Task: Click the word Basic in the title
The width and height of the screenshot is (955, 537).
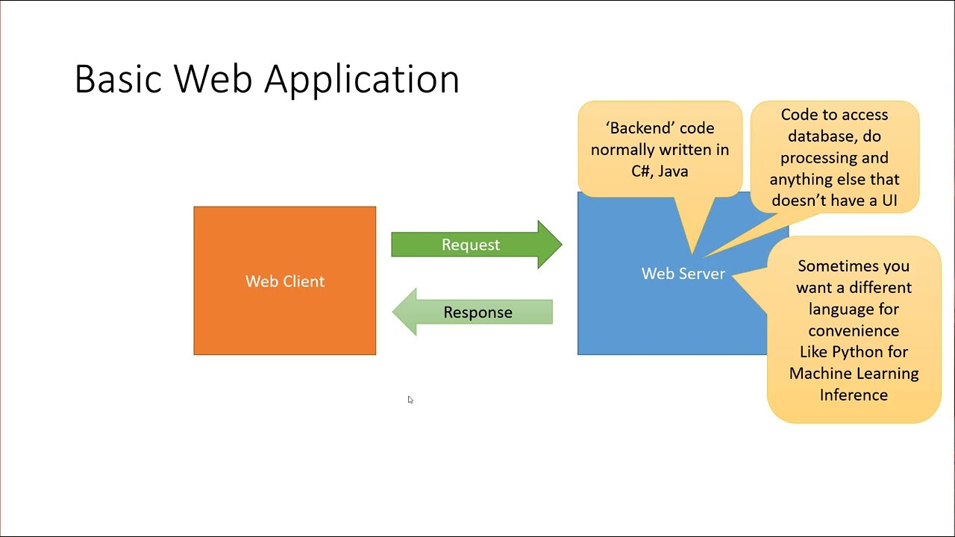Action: click(x=118, y=79)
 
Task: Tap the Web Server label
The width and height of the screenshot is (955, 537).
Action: click(x=683, y=274)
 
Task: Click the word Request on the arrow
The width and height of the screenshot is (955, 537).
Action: click(x=471, y=245)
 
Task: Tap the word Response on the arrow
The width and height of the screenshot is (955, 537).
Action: click(x=477, y=313)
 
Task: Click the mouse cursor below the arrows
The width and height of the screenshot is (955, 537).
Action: click(x=410, y=400)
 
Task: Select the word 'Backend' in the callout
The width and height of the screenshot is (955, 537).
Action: click(x=636, y=128)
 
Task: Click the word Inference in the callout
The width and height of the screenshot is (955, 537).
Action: click(x=854, y=395)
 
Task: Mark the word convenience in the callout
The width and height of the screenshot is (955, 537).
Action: click(x=854, y=330)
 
